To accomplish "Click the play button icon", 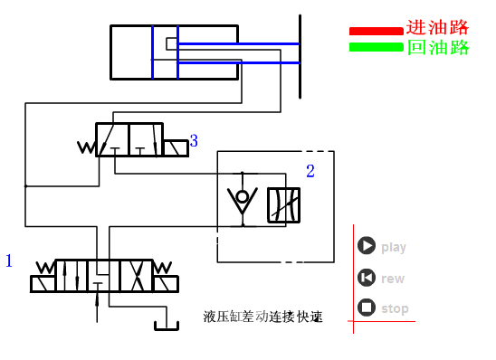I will (366, 245).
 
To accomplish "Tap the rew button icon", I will (366, 278).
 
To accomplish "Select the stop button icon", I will (366, 308).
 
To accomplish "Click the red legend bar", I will (376, 31).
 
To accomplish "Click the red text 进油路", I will (438, 28).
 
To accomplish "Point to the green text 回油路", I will (438, 47).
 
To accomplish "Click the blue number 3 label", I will (194, 141).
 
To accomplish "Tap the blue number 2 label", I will (310, 170).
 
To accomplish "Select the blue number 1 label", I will (9, 261).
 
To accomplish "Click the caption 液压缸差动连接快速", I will (262, 317).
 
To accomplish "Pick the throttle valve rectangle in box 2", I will (282, 205).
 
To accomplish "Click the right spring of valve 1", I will (164, 268).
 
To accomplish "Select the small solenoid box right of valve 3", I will (176, 148).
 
